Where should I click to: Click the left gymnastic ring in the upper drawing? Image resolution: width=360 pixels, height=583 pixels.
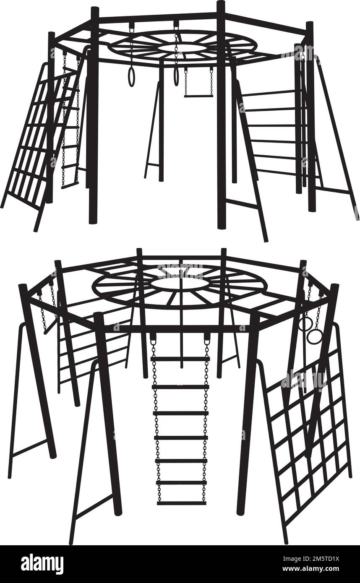[132, 78]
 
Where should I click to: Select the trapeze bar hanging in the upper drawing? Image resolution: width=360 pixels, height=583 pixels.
[198, 96]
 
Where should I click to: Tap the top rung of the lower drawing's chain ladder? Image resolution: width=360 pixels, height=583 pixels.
[181, 359]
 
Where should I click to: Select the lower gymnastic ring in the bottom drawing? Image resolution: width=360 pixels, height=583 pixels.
[313, 337]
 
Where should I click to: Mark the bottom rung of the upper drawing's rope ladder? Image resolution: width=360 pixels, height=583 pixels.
[70, 187]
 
